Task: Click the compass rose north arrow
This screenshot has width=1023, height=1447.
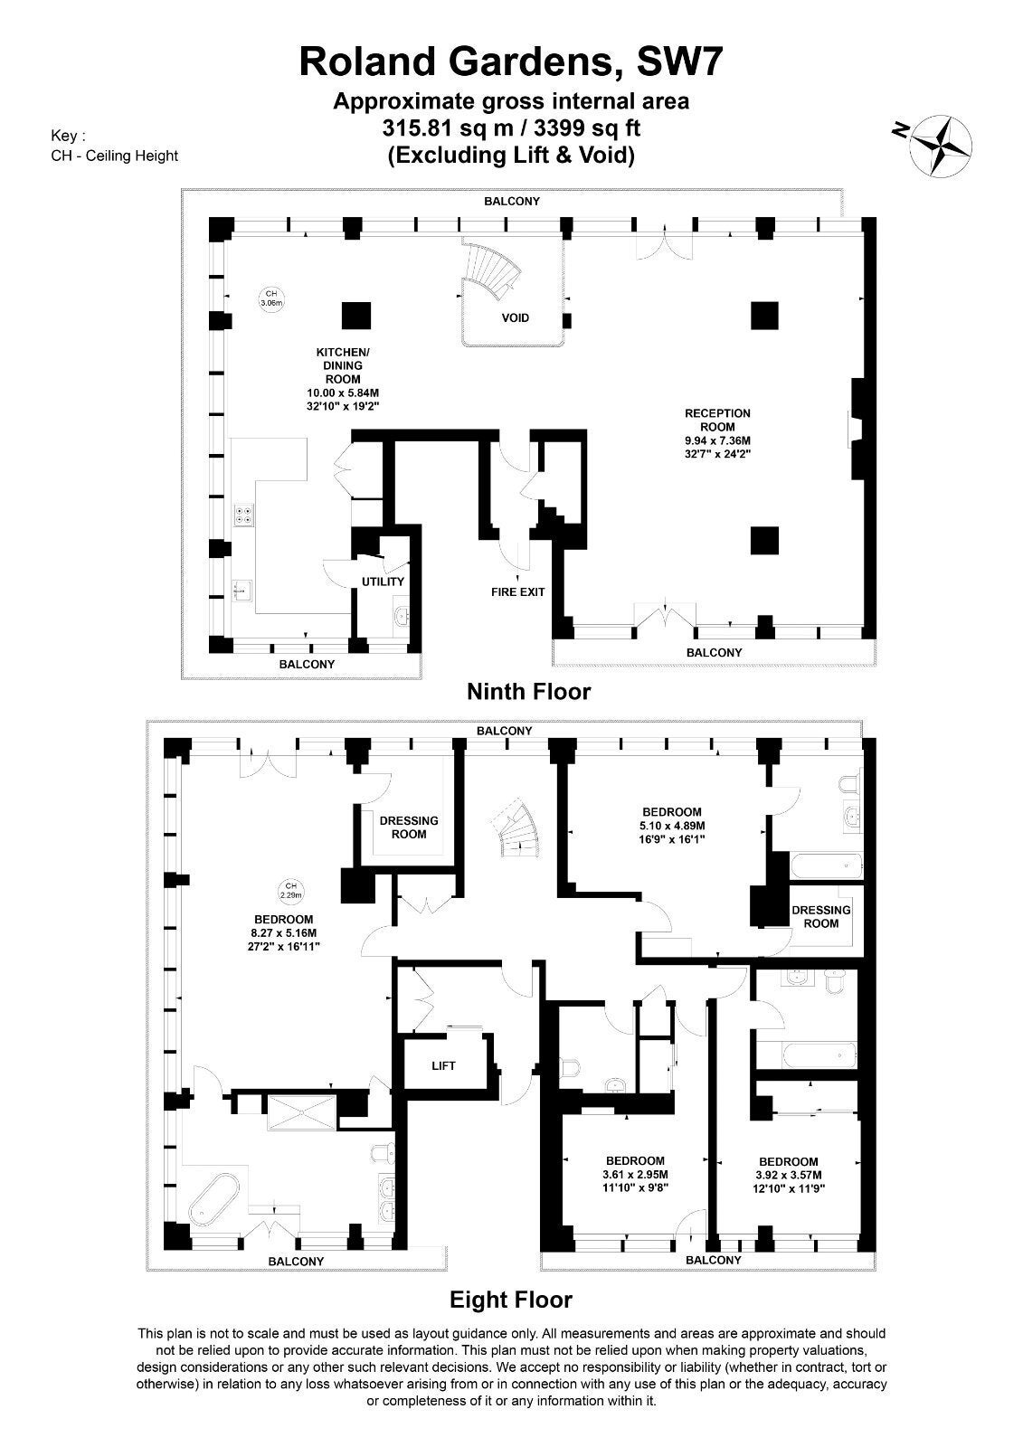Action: click(941, 146)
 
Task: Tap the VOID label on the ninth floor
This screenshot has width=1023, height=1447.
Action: click(515, 317)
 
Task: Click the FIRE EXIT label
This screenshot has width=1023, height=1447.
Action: click(517, 591)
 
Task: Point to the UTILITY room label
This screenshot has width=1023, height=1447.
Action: click(383, 582)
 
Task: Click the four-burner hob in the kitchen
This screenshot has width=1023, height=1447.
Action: click(243, 515)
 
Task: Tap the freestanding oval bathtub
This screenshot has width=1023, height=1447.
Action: click(213, 1199)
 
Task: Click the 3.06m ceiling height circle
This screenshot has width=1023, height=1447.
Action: click(271, 298)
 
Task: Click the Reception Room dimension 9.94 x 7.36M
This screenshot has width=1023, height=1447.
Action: click(717, 440)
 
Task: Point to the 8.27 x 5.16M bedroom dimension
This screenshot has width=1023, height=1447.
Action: click(284, 932)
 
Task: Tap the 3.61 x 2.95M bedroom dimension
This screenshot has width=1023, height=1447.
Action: click(635, 1175)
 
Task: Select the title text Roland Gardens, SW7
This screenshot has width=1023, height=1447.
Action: click(511, 62)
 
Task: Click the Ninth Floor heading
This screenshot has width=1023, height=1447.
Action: click(528, 692)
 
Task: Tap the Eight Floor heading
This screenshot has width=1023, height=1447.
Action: click(510, 1299)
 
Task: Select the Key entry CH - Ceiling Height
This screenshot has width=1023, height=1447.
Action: click(114, 156)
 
